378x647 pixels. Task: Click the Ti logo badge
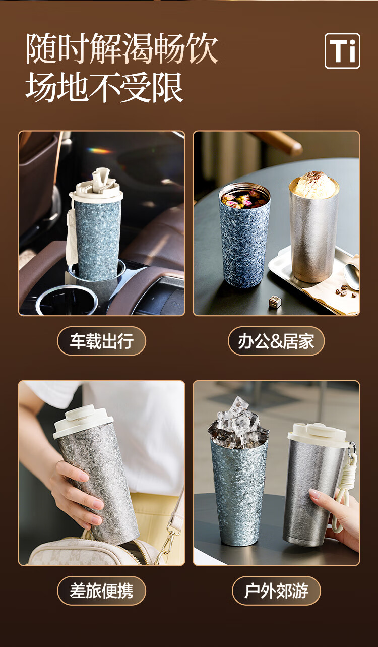tap(342, 51)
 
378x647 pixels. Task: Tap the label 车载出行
tap(101, 341)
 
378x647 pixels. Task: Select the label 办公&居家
tap(276, 341)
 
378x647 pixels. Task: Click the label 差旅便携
tap(101, 591)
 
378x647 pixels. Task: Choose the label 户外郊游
tap(276, 591)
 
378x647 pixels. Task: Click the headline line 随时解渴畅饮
tap(121, 48)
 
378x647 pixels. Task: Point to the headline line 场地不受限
tap(104, 87)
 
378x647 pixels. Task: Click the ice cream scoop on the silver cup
tap(314, 185)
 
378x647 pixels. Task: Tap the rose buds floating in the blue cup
tap(244, 199)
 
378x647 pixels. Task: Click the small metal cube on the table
tap(275, 302)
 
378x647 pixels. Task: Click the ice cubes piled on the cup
tap(238, 423)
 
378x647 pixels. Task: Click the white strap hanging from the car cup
tap(72, 237)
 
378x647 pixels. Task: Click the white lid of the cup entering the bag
tap(83, 421)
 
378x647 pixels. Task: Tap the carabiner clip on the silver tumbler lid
tap(351, 450)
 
